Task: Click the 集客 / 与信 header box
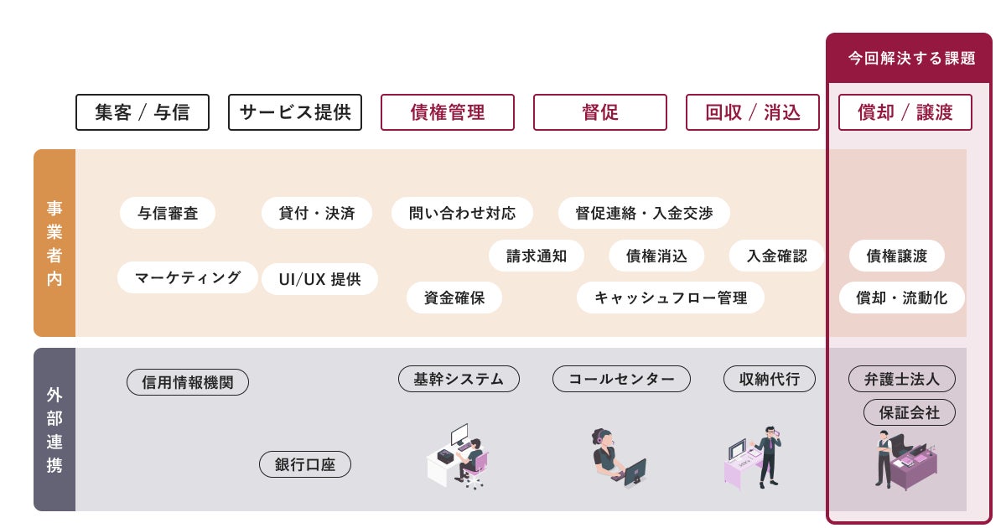(x=143, y=112)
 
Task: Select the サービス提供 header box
(x=295, y=112)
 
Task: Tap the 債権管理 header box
(x=448, y=112)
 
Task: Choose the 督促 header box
(x=600, y=112)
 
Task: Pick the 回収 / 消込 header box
(x=753, y=112)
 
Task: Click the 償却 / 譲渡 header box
(x=905, y=112)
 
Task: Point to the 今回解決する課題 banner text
(x=911, y=58)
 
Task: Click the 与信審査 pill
(x=168, y=213)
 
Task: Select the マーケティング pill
(x=188, y=277)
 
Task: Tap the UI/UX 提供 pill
(x=319, y=279)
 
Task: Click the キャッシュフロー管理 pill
(x=671, y=298)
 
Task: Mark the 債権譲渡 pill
(x=897, y=256)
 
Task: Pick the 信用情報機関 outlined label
(x=188, y=382)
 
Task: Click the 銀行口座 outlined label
(x=305, y=464)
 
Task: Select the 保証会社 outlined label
(x=910, y=412)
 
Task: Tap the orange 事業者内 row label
(x=54, y=243)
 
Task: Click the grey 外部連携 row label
(x=54, y=429)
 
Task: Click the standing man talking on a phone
(x=769, y=456)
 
